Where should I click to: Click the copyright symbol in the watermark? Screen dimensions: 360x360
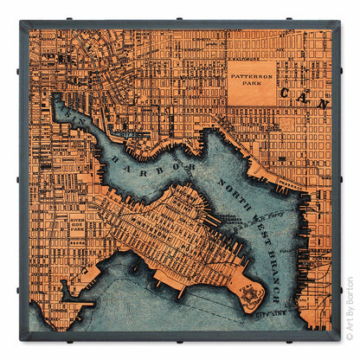pos(347,337)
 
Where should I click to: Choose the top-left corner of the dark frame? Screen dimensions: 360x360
pos(19,19)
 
